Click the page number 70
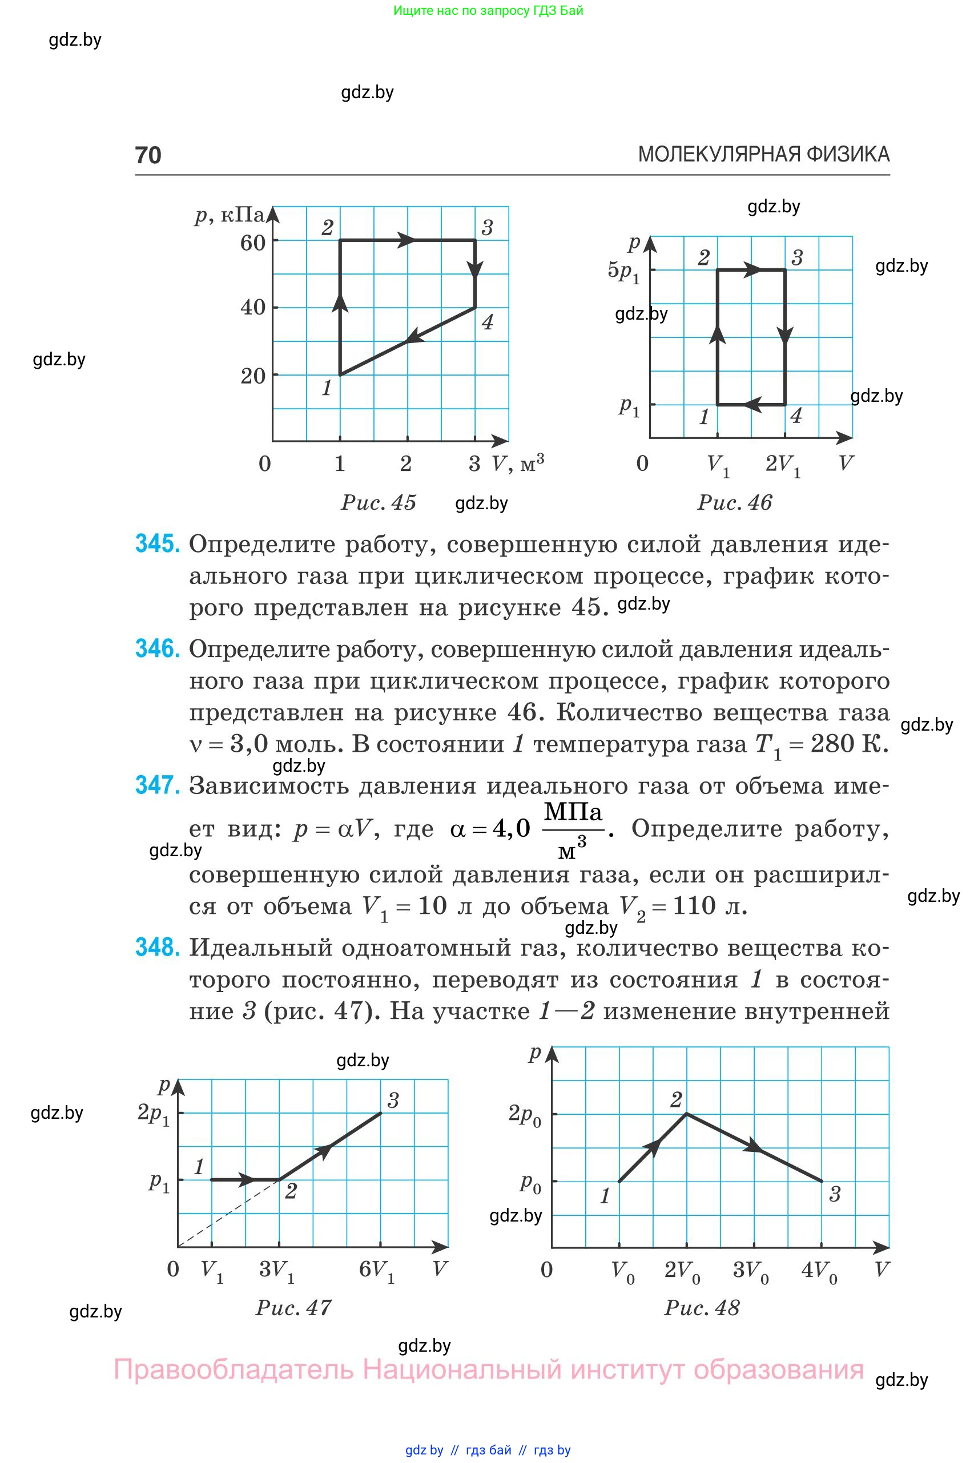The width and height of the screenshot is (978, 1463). pos(148,155)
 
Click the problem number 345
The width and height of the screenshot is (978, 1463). pos(157,544)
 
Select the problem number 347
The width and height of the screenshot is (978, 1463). pos(157,785)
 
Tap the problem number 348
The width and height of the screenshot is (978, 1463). pos(157,948)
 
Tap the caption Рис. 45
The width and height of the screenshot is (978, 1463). pos(378,503)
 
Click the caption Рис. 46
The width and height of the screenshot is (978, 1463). pos(734,503)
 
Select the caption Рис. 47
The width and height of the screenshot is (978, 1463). pos(293,1308)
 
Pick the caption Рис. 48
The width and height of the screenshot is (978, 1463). pos(702,1308)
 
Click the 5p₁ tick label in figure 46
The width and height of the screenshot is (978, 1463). pos(623,271)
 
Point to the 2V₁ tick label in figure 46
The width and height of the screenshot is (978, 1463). pos(783,465)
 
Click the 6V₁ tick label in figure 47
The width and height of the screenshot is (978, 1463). pos(377,1269)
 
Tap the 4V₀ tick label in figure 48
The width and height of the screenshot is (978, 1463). pos(819,1269)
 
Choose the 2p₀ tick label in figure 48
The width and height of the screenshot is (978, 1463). pos(525,1114)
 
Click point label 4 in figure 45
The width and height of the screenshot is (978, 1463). pos(488,323)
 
